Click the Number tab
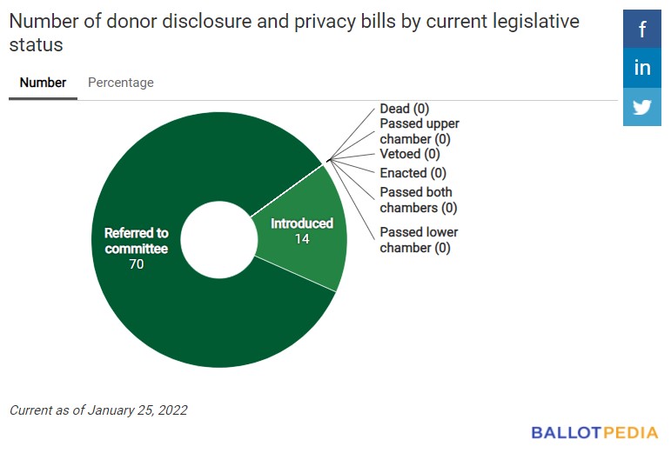click(x=43, y=83)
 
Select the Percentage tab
click(x=121, y=83)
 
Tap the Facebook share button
click(x=642, y=30)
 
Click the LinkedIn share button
click(x=642, y=68)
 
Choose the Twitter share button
click(x=642, y=107)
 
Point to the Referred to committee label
click(x=137, y=241)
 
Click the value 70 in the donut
click(x=137, y=264)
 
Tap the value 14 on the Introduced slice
click(x=302, y=238)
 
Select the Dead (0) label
click(x=405, y=109)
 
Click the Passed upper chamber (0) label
click(x=419, y=131)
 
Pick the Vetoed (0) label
click(x=410, y=154)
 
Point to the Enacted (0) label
click(x=413, y=173)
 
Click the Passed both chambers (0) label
click(x=418, y=200)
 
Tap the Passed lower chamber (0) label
click(x=419, y=240)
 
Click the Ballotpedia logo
click(x=594, y=431)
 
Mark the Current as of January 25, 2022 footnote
click(x=98, y=410)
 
